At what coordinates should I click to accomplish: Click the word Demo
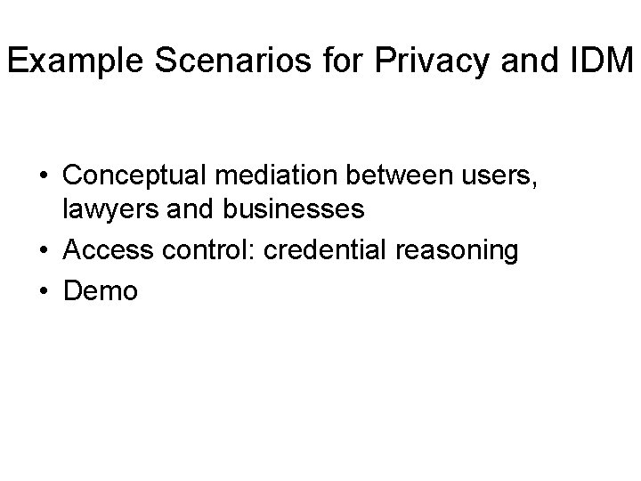101,290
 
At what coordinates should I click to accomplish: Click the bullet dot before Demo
44,291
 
